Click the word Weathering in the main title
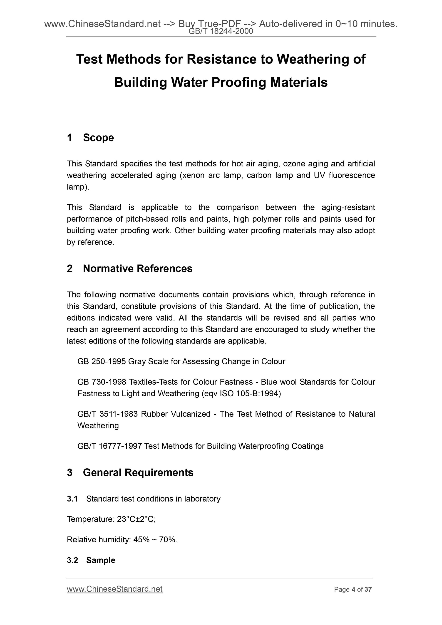coord(313,59)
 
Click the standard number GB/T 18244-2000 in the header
coord(221,32)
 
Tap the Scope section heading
coord(98,138)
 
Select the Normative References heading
coord(138,268)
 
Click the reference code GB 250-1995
coord(101,361)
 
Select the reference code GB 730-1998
coord(101,382)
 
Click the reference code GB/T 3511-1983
coord(107,414)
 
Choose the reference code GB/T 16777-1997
coord(109,446)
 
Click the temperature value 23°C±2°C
coord(136,519)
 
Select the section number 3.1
coord(72,499)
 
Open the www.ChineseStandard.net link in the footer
coord(115,589)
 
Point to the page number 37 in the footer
coord(368,590)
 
